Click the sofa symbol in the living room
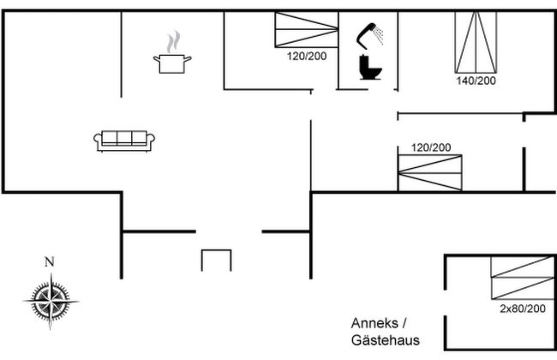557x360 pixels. pos(124,140)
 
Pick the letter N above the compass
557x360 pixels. pos(50,262)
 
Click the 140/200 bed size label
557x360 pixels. pos(476,81)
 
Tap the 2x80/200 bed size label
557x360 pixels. pos(522,308)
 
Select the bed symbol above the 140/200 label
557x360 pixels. pos(476,43)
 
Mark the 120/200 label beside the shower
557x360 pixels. pos(306,57)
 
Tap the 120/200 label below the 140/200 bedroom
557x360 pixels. pos(430,147)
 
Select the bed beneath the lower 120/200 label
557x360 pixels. pos(429,172)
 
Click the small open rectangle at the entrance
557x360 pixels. pos(216,260)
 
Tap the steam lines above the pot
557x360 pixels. pos(174,41)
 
